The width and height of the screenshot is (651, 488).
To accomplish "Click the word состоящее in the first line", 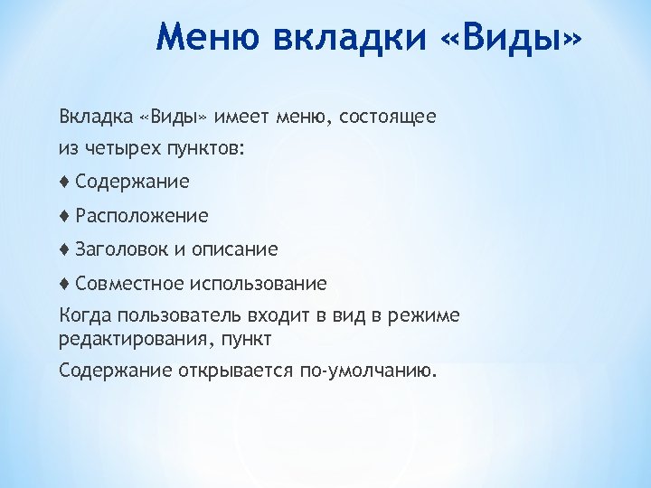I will click(x=388, y=117).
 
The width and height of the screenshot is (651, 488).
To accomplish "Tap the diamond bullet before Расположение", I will click(x=64, y=215).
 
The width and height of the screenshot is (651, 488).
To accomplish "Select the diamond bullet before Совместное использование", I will click(x=64, y=284).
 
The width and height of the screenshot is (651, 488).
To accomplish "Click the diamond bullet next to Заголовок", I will click(x=64, y=249).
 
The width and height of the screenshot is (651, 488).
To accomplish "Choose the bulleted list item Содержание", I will click(x=133, y=182).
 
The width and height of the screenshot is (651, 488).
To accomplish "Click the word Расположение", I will click(x=142, y=216).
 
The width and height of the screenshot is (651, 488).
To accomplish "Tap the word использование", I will click(x=258, y=284).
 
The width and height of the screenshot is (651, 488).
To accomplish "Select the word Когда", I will click(x=82, y=315).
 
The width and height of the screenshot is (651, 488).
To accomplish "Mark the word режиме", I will click(x=424, y=315).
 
